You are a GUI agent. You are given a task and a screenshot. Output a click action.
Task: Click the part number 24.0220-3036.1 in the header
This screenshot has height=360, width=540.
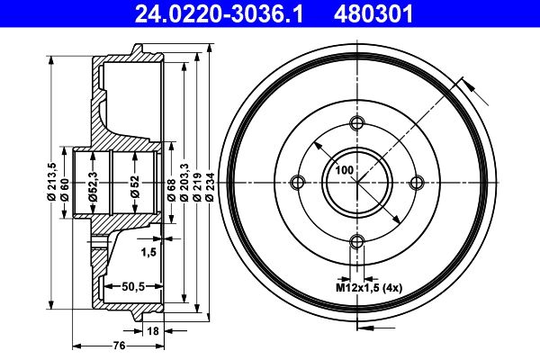tap(219, 14)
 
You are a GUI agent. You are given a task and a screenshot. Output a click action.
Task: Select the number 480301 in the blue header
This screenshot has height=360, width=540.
tap(373, 14)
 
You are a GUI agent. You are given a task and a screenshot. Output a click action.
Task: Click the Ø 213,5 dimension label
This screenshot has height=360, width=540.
tap(51, 182)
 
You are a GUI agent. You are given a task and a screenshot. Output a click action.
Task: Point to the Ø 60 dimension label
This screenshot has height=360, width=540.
tap(65, 190)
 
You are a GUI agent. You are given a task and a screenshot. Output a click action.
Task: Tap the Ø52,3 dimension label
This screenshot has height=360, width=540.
tap(93, 186)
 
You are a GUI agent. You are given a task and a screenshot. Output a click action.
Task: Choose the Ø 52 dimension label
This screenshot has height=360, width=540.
tap(135, 186)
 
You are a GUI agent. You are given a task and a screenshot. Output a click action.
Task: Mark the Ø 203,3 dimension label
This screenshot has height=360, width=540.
tap(184, 183)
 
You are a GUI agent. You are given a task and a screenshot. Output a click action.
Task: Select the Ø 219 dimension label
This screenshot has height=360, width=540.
tap(197, 186)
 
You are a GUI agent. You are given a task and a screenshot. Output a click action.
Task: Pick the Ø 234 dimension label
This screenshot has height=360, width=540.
tap(210, 186)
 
